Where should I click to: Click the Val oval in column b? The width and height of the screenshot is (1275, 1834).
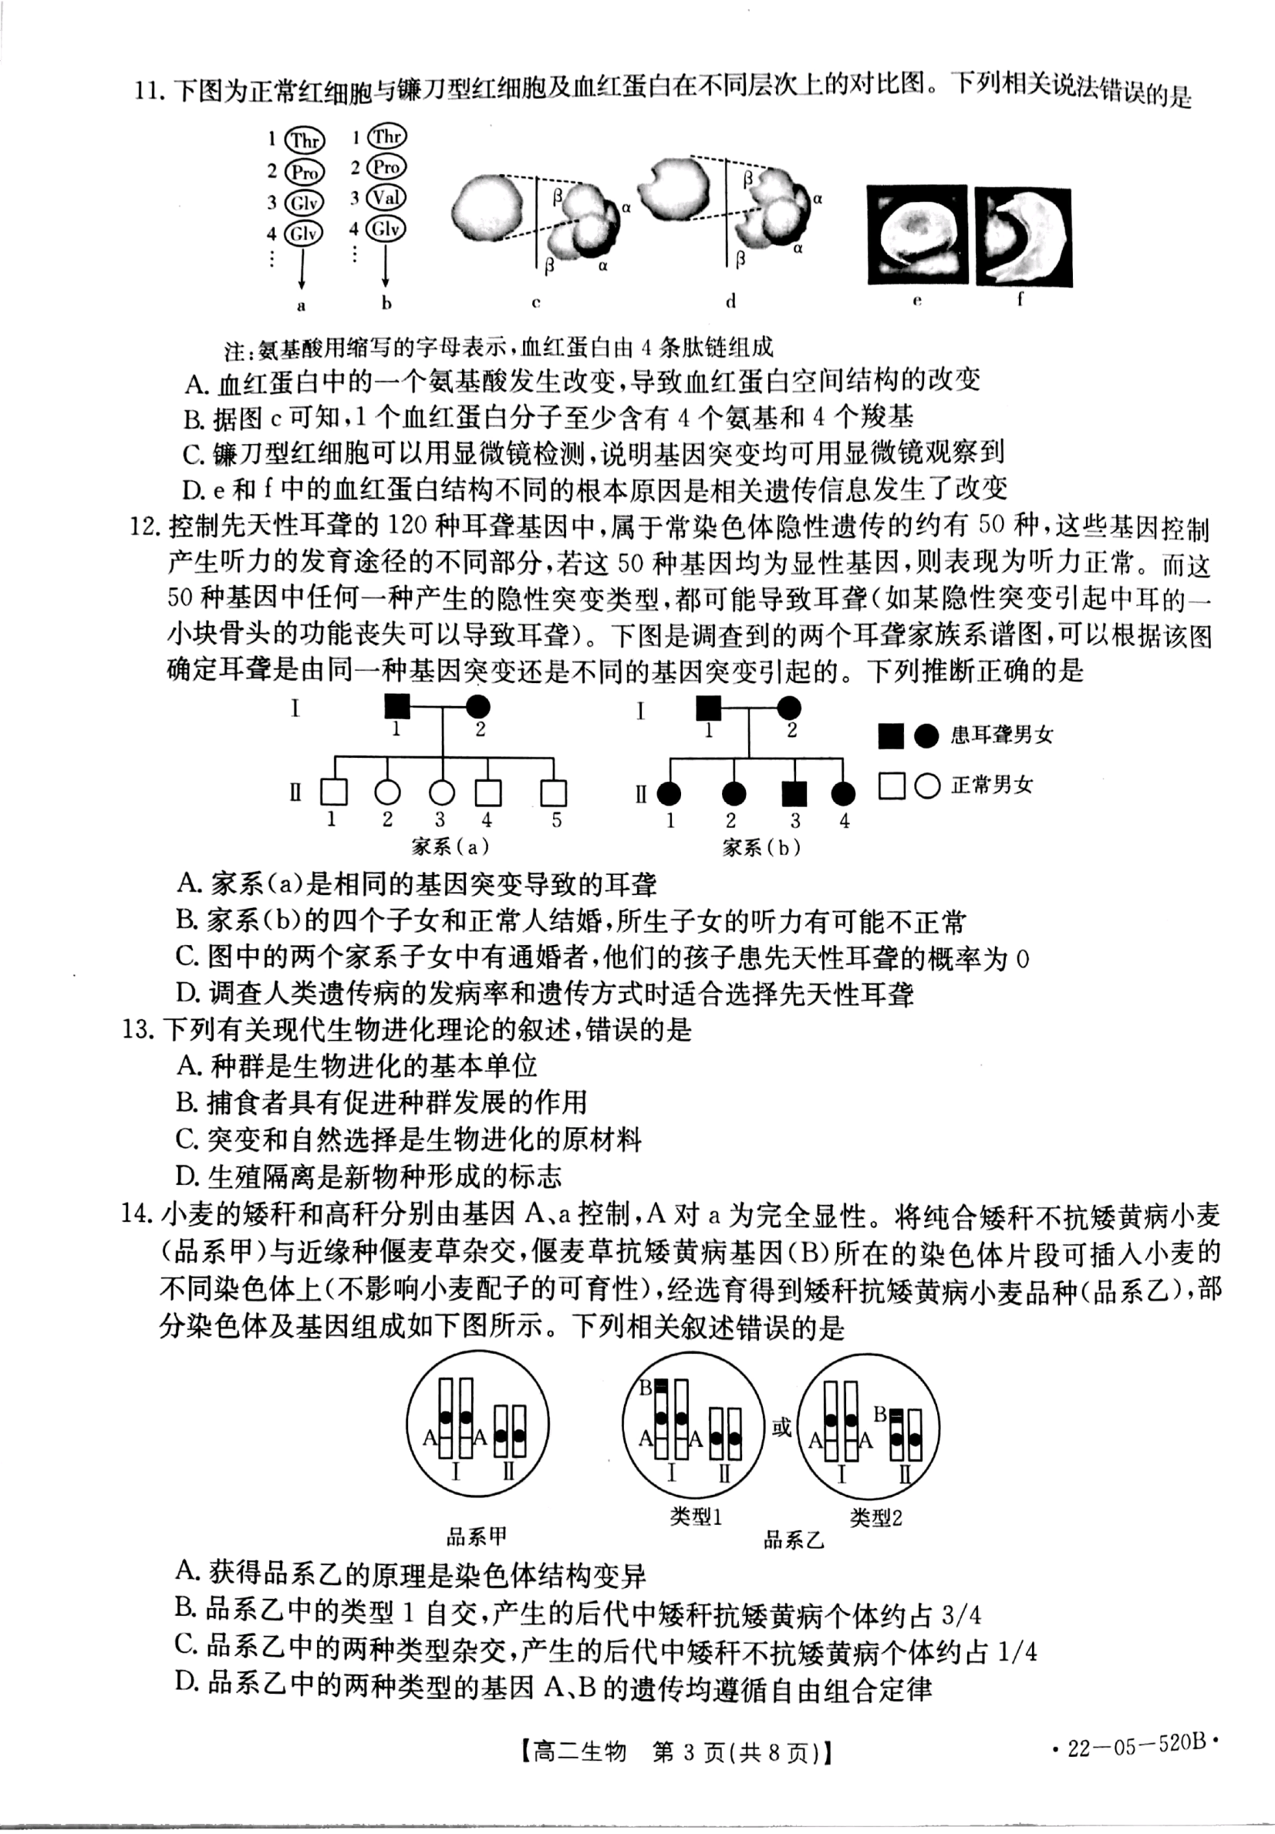pyautogui.click(x=386, y=198)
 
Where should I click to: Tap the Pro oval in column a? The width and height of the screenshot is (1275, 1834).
pyautogui.click(x=305, y=172)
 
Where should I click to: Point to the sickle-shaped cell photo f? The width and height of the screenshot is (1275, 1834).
pyautogui.click(x=1024, y=237)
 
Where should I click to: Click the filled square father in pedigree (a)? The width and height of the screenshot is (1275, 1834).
pyautogui.click(x=397, y=706)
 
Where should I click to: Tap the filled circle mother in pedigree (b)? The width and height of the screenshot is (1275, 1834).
pyautogui.click(x=789, y=708)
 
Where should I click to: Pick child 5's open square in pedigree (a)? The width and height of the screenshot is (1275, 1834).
pyautogui.click(x=553, y=792)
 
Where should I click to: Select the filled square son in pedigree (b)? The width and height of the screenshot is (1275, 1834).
pyautogui.click(x=794, y=793)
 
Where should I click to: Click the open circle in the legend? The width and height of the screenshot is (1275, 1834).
pyautogui.click(x=926, y=786)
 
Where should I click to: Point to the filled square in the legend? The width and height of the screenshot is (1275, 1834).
pyautogui.click(x=891, y=736)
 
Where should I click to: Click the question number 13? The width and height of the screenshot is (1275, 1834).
pyautogui.click(x=137, y=1029)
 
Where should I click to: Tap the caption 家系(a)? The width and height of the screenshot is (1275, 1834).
pyautogui.click(x=450, y=846)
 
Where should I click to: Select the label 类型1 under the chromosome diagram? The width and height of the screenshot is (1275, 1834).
pyautogui.click(x=696, y=1516)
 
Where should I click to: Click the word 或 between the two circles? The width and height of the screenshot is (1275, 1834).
pyautogui.click(x=781, y=1427)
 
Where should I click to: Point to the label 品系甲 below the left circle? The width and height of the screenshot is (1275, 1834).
pyautogui.click(x=476, y=1536)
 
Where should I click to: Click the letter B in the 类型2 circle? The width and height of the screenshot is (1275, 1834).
pyautogui.click(x=879, y=1413)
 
